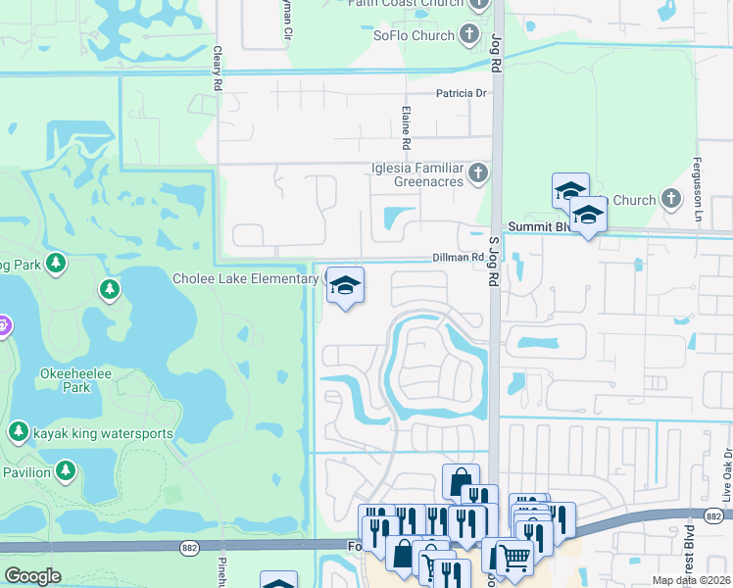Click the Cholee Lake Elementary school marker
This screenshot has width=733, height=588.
[x=345, y=286]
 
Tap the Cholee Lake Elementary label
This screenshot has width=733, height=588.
[x=247, y=279]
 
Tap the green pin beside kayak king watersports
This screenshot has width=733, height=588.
[x=19, y=432]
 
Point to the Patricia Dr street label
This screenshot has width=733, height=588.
[x=461, y=94]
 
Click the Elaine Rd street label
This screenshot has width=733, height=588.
[x=405, y=122]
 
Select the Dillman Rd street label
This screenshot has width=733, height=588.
[x=458, y=258]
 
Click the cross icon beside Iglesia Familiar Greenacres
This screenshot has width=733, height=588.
[x=478, y=174]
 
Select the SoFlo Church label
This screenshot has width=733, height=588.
[x=413, y=36]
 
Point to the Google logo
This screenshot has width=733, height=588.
[x=32, y=575]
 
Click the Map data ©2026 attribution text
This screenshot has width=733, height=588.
[x=690, y=580]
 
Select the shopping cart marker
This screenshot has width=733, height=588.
[x=514, y=558]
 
